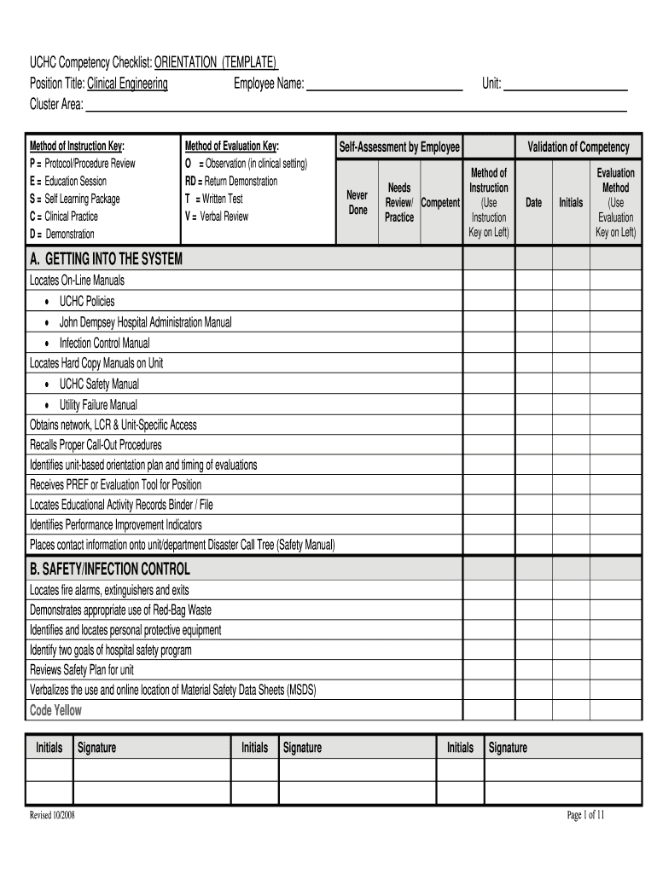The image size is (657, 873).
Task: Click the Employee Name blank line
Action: click(384, 84)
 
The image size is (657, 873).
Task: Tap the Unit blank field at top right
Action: click(566, 84)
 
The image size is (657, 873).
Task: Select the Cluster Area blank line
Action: click(356, 106)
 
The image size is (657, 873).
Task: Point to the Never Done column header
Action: click(358, 202)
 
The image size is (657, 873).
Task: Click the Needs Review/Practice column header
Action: click(399, 202)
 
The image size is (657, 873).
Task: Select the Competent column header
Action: click(440, 203)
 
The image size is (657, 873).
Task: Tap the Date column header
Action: click(533, 203)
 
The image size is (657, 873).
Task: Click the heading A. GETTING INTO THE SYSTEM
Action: click(106, 259)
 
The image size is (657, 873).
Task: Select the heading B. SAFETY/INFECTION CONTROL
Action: click(110, 569)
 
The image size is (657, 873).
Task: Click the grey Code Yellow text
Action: click(56, 710)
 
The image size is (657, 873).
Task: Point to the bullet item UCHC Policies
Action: click(86, 301)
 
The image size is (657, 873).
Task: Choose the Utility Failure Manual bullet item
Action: click(97, 405)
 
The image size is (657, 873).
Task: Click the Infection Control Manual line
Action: click(104, 343)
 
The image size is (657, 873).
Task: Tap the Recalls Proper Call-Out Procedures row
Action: click(96, 445)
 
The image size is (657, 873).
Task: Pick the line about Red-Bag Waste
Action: click(120, 610)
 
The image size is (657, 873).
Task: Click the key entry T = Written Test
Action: click(214, 199)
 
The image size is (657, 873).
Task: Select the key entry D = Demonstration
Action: click(62, 234)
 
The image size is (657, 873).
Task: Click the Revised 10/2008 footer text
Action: click(52, 816)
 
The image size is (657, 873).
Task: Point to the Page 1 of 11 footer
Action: click(586, 815)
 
